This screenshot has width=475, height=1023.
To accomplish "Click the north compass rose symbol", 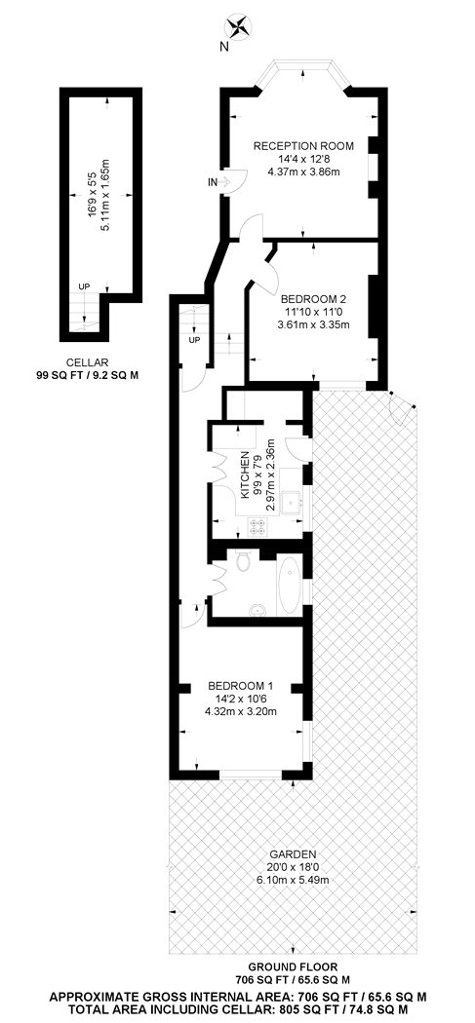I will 237,25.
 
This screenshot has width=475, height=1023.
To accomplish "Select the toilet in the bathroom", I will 243,563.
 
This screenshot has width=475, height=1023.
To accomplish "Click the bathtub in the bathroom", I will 291,587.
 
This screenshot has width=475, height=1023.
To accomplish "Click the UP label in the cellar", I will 85,287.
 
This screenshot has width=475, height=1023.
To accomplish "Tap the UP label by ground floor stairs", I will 194,341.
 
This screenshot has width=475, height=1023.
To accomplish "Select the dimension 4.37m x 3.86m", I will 302,172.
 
